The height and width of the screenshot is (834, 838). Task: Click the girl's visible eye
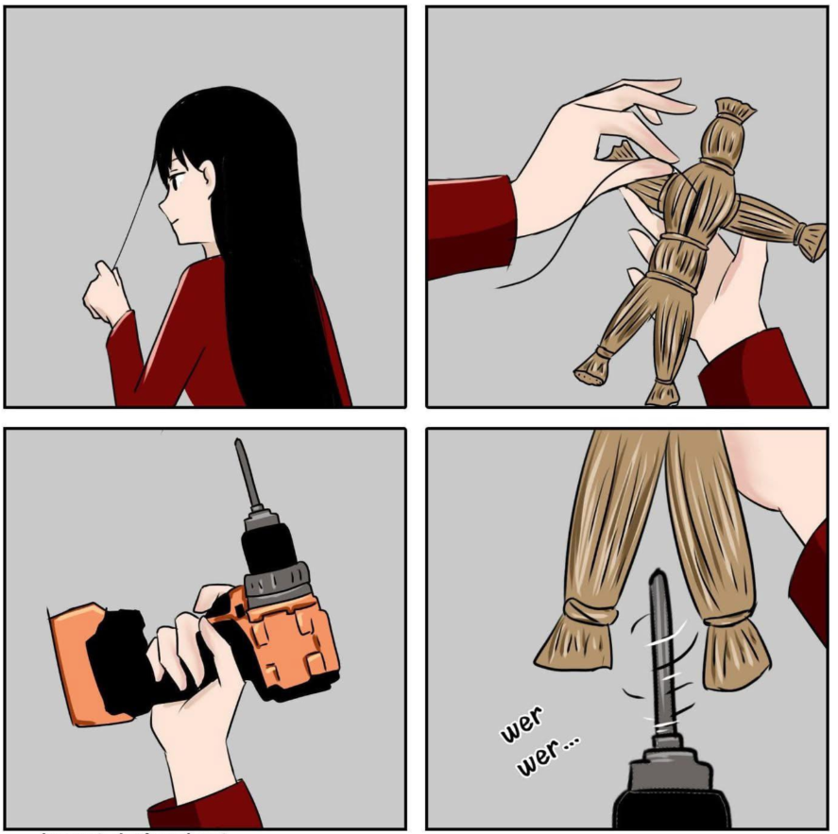(174, 180)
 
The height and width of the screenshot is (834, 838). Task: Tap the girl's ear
(206, 177)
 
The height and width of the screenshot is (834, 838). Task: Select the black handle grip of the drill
(161, 662)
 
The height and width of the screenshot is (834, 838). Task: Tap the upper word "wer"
(522, 724)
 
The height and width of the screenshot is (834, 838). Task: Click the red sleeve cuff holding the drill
(205, 806)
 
